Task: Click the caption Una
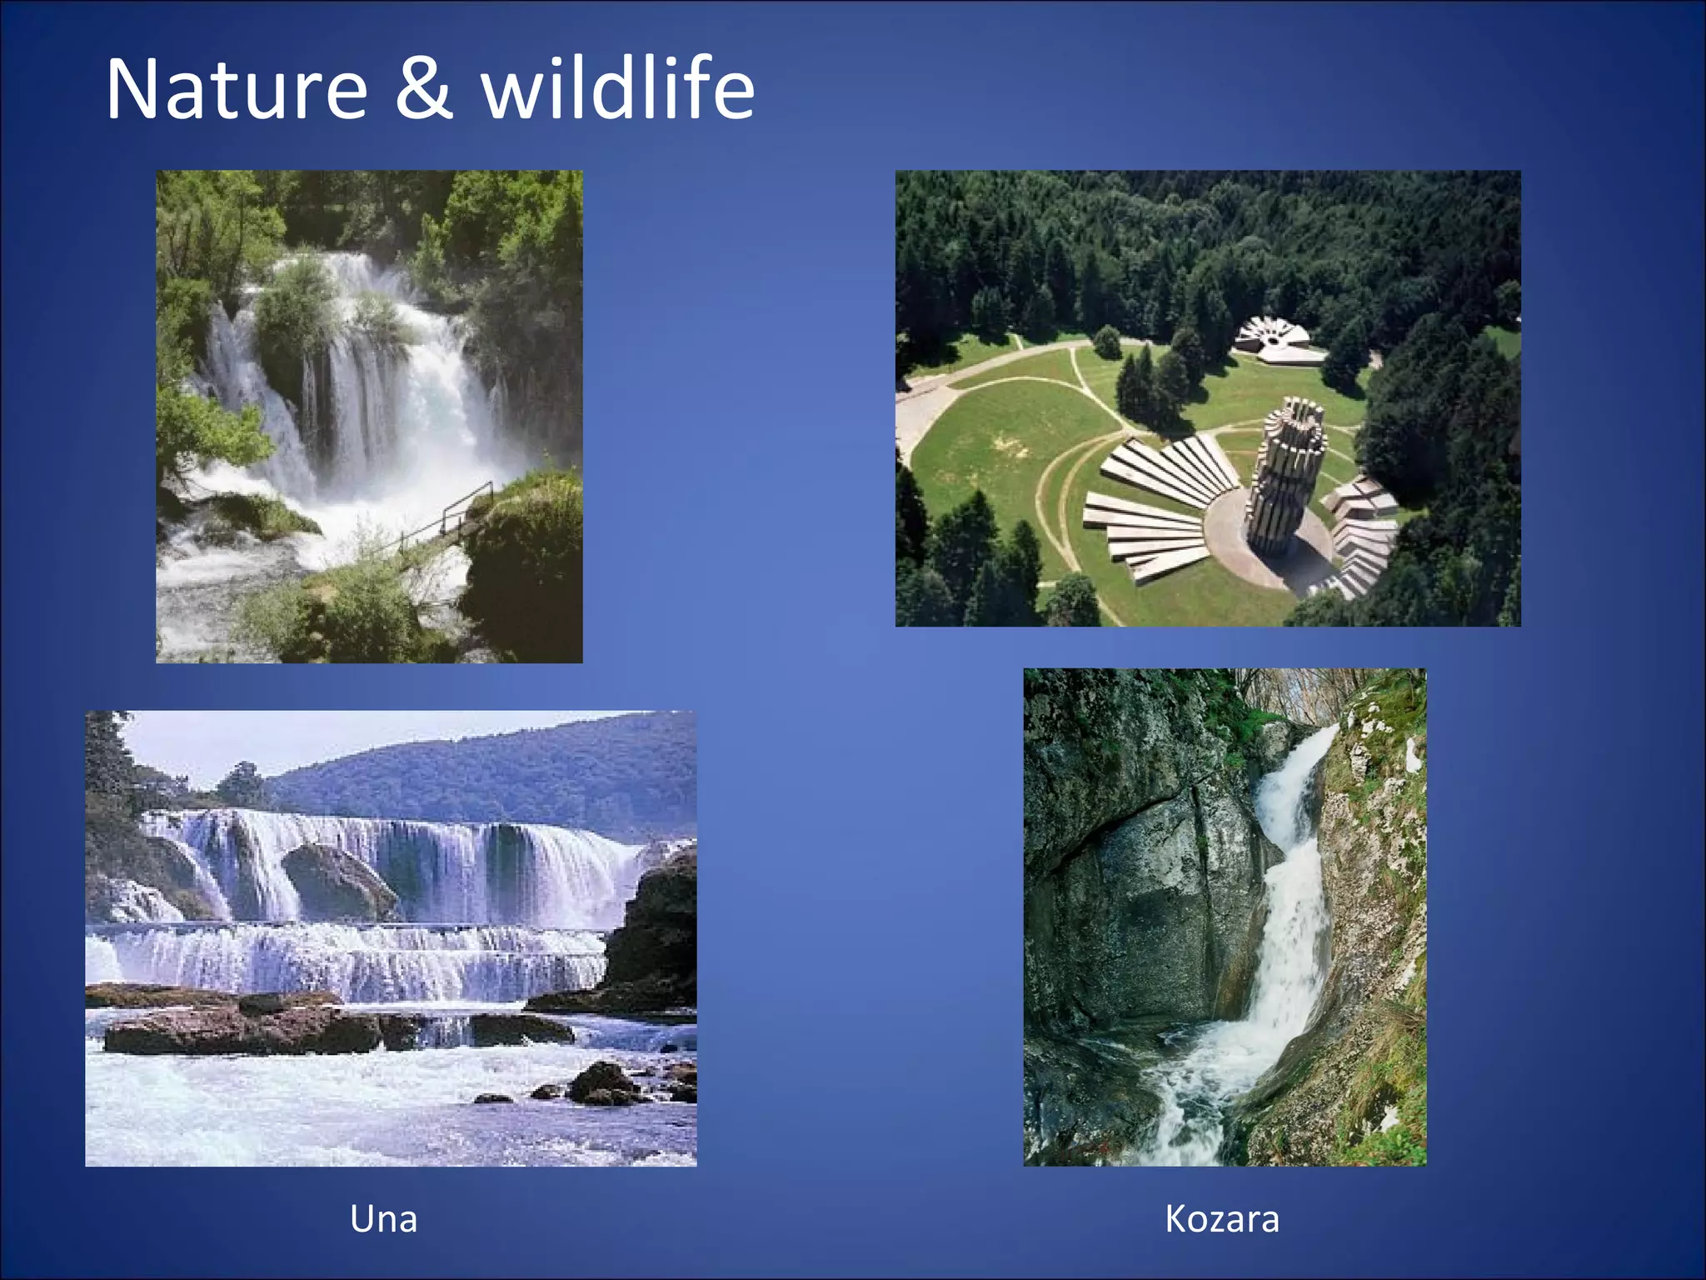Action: click(x=383, y=1219)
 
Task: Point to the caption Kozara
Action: click(x=1221, y=1219)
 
